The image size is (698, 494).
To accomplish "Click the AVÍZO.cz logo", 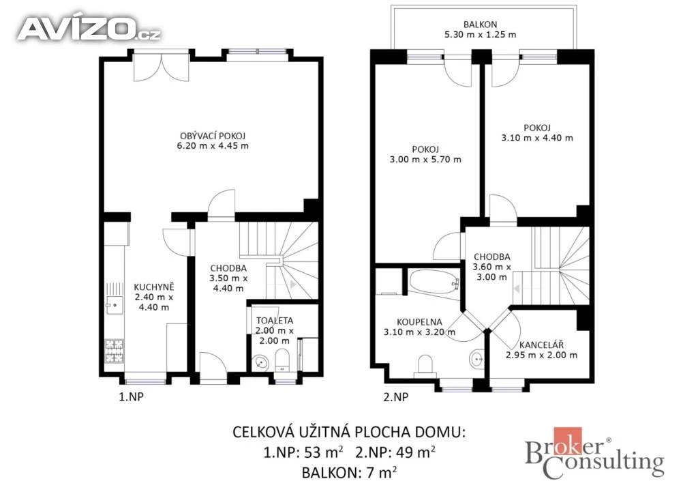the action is click(89, 29).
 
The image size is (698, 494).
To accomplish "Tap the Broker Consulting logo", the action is click(594, 453).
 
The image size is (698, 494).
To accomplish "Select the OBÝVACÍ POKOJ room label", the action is click(213, 136).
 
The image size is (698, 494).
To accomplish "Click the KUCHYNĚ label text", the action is click(154, 287).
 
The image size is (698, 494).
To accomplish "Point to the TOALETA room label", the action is click(275, 320).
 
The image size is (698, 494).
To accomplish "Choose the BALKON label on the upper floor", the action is click(481, 25).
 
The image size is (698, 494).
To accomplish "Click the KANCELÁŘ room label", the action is click(541, 345).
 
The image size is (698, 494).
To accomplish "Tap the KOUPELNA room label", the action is click(419, 321).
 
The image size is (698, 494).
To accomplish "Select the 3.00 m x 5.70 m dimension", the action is click(425, 160).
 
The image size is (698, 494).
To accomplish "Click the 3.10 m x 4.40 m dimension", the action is click(537, 138).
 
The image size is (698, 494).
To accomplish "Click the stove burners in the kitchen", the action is click(115, 351).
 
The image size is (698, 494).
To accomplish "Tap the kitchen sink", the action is click(115, 306).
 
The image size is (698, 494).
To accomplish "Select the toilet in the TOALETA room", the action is click(282, 360).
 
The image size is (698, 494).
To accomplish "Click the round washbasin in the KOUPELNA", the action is click(477, 358).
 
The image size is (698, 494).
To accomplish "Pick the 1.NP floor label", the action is click(131, 396).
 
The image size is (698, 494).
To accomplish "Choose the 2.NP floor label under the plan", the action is click(396, 396).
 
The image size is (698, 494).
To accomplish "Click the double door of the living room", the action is click(162, 68).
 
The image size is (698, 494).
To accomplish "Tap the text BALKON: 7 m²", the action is click(350, 472).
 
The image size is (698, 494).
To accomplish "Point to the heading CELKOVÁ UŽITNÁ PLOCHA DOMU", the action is click(350, 432).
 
